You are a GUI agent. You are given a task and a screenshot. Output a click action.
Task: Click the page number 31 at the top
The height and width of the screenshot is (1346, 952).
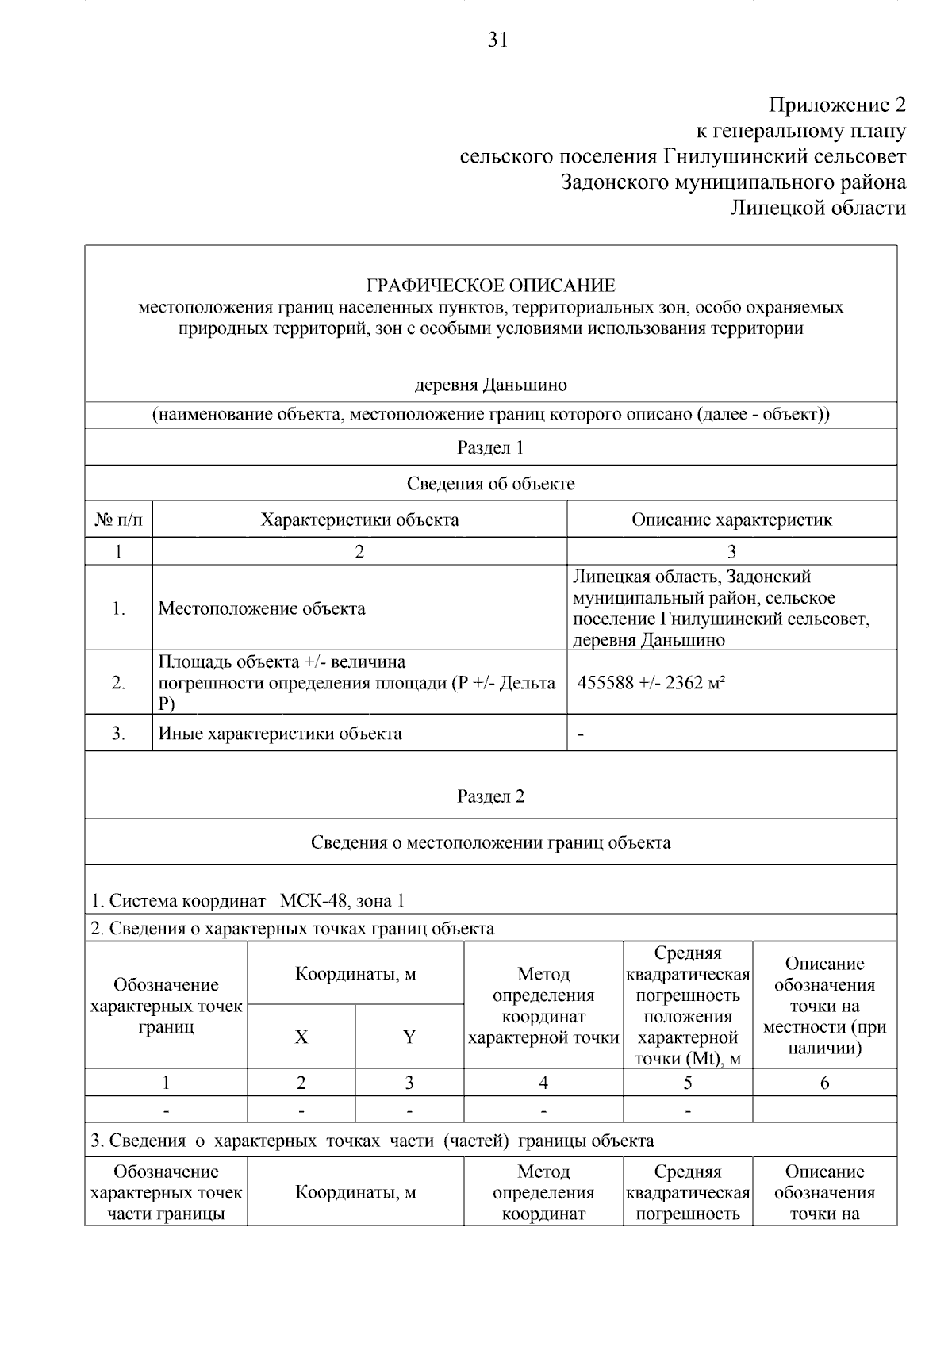click(497, 40)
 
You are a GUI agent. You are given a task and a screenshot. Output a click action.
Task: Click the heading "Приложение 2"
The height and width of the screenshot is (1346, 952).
click(836, 105)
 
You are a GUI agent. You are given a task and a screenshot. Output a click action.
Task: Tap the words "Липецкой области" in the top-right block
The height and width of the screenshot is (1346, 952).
click(817, 208)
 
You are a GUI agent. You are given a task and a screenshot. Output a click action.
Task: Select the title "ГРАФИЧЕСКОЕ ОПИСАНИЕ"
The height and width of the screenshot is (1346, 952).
click(490, 286)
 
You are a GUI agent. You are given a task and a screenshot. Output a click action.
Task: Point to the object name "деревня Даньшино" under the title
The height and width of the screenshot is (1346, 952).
click(491, 385)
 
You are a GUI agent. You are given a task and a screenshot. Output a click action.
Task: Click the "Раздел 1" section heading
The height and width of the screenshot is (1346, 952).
click(490, 447)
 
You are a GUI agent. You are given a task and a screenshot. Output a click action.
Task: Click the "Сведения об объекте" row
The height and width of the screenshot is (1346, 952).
click(490, 484)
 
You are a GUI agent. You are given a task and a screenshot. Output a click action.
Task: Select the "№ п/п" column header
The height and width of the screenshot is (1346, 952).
click(118, 520)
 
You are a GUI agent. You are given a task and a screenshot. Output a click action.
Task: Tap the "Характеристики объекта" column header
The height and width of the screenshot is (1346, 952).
click(359, 520)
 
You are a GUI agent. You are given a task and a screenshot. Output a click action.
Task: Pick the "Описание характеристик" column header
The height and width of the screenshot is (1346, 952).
click(731, 520)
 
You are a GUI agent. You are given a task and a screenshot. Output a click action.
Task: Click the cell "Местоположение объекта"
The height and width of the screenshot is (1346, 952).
click(262, 608)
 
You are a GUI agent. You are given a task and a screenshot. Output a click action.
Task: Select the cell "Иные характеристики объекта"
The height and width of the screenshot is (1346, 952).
click(280, 734)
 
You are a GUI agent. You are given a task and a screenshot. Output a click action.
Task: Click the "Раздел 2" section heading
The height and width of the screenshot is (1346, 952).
click(490, 796)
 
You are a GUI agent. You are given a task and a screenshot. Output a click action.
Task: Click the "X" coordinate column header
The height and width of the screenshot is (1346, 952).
click(301, 1037)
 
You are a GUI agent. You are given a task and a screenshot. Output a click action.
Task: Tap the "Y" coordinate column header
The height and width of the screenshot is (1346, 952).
click(409, 1037)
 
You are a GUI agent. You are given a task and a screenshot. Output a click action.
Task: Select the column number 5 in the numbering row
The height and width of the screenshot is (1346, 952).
click(687, 1083)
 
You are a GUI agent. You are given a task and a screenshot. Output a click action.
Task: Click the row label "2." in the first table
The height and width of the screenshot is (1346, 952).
click(118, 683)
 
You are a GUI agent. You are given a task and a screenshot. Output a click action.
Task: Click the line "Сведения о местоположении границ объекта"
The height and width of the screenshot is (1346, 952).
click(490, 842)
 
